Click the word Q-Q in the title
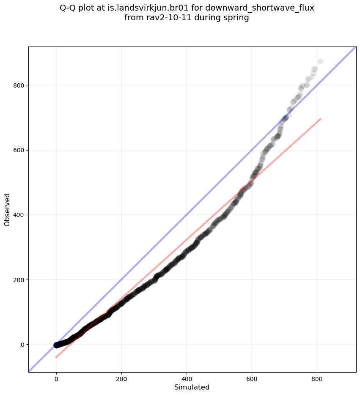coord(69,8)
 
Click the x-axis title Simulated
coord(192,387)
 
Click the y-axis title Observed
coord(7,209)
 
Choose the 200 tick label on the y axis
coord(19,280)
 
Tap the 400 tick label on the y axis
coord(19,215)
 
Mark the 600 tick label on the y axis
coord(19,150)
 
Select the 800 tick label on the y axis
coord(19,85)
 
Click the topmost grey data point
coord(320,62)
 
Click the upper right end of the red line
coord(321,119)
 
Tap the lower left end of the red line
coord(56,357)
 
